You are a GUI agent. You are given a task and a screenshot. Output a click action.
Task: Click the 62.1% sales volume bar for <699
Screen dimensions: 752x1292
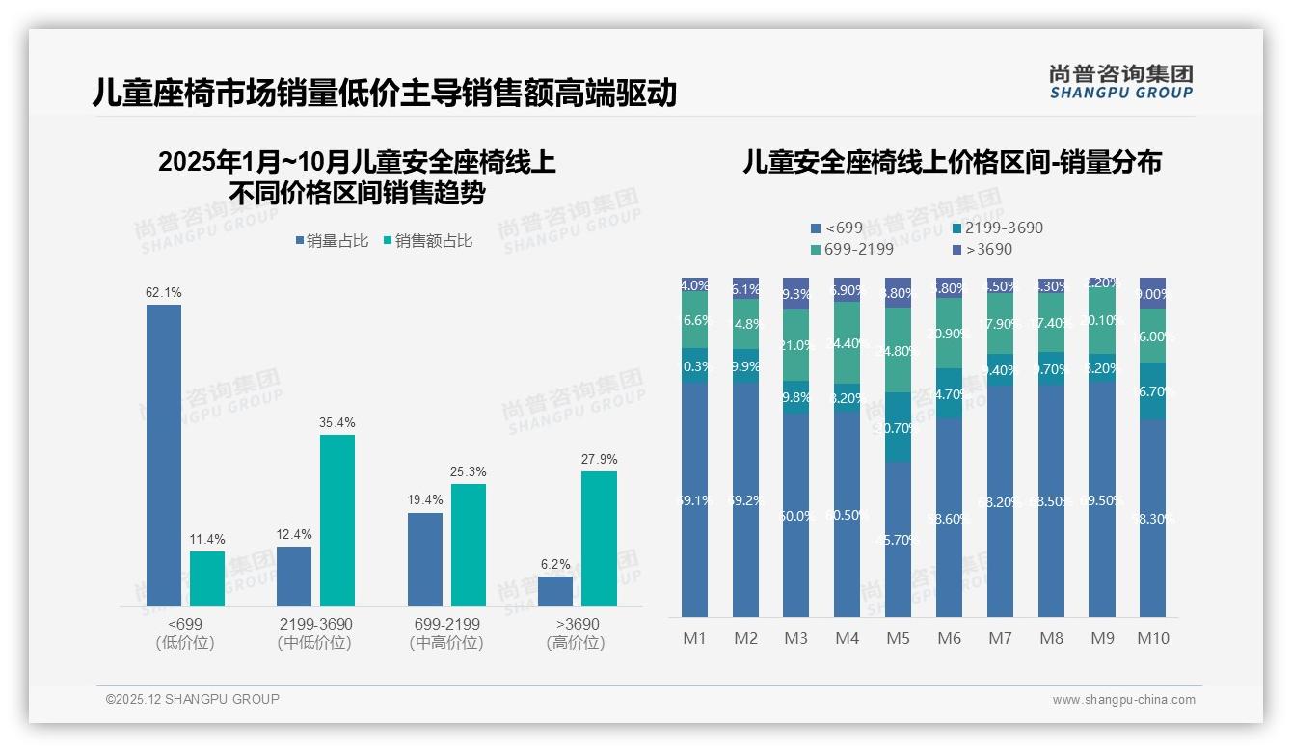coord(164,455)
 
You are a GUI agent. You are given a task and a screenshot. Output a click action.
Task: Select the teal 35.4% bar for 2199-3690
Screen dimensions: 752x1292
coord(337,521)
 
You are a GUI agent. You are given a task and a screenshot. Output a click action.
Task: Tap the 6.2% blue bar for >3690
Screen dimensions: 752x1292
coord(555,591)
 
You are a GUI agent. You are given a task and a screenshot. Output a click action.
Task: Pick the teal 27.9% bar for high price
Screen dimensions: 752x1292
coord(599,538)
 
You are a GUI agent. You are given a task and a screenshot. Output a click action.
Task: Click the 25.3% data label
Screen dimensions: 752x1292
coord(468,471)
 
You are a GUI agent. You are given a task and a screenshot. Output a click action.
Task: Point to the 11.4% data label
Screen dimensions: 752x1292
coord(206,539)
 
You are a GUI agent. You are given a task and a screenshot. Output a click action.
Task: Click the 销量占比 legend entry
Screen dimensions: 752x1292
coord(332,241)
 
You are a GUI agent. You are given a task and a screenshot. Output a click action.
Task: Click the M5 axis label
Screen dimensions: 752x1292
coord(898,638)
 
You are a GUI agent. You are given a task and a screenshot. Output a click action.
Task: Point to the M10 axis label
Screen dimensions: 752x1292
coord(1153,638)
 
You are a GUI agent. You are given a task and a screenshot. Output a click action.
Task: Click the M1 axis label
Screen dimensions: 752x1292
coord(694,638)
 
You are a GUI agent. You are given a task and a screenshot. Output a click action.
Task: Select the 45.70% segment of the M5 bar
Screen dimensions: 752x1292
coord(898,539)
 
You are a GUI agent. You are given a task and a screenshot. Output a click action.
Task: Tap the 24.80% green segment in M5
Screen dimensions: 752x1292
coord(898,350)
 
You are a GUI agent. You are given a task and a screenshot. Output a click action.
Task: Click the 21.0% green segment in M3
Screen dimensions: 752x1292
coord(796,345)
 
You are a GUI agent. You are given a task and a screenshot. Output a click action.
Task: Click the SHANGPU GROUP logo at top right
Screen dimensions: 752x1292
coord(1120,82)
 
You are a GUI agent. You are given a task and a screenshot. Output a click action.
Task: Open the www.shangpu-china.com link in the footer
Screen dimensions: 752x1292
coord(1123,700)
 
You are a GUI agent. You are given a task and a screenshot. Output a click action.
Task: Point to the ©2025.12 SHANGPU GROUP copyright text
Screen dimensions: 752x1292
coord(193,699)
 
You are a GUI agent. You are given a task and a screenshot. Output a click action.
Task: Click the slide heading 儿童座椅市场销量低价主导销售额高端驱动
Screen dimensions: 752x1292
coord(384,94)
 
